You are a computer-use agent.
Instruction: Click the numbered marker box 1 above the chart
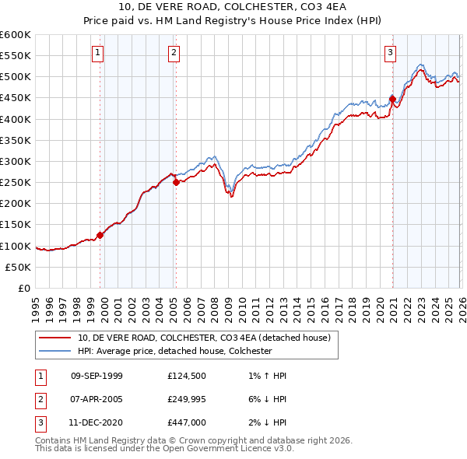pyautogui.click(x=98, y=53)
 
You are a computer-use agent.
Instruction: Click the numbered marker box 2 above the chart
pyautogui.click(x=173, y=53)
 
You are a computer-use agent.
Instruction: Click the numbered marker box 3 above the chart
pyautogui.click(x=390, y=53)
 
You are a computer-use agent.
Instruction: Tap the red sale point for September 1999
pyautogui.click(x=100, y=235)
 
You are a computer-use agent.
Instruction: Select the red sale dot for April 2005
pyautogui.click(x=177, y=182)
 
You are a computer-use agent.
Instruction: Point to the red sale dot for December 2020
pyautogui.click(x=392, y=99)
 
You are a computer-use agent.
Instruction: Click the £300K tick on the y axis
pyautogui.click(x=16, y=161)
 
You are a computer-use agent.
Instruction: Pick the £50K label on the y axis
pyautogui.click(x=19, y=267)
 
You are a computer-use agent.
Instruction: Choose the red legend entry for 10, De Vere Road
pyautogui.click(x=204, y=338)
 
